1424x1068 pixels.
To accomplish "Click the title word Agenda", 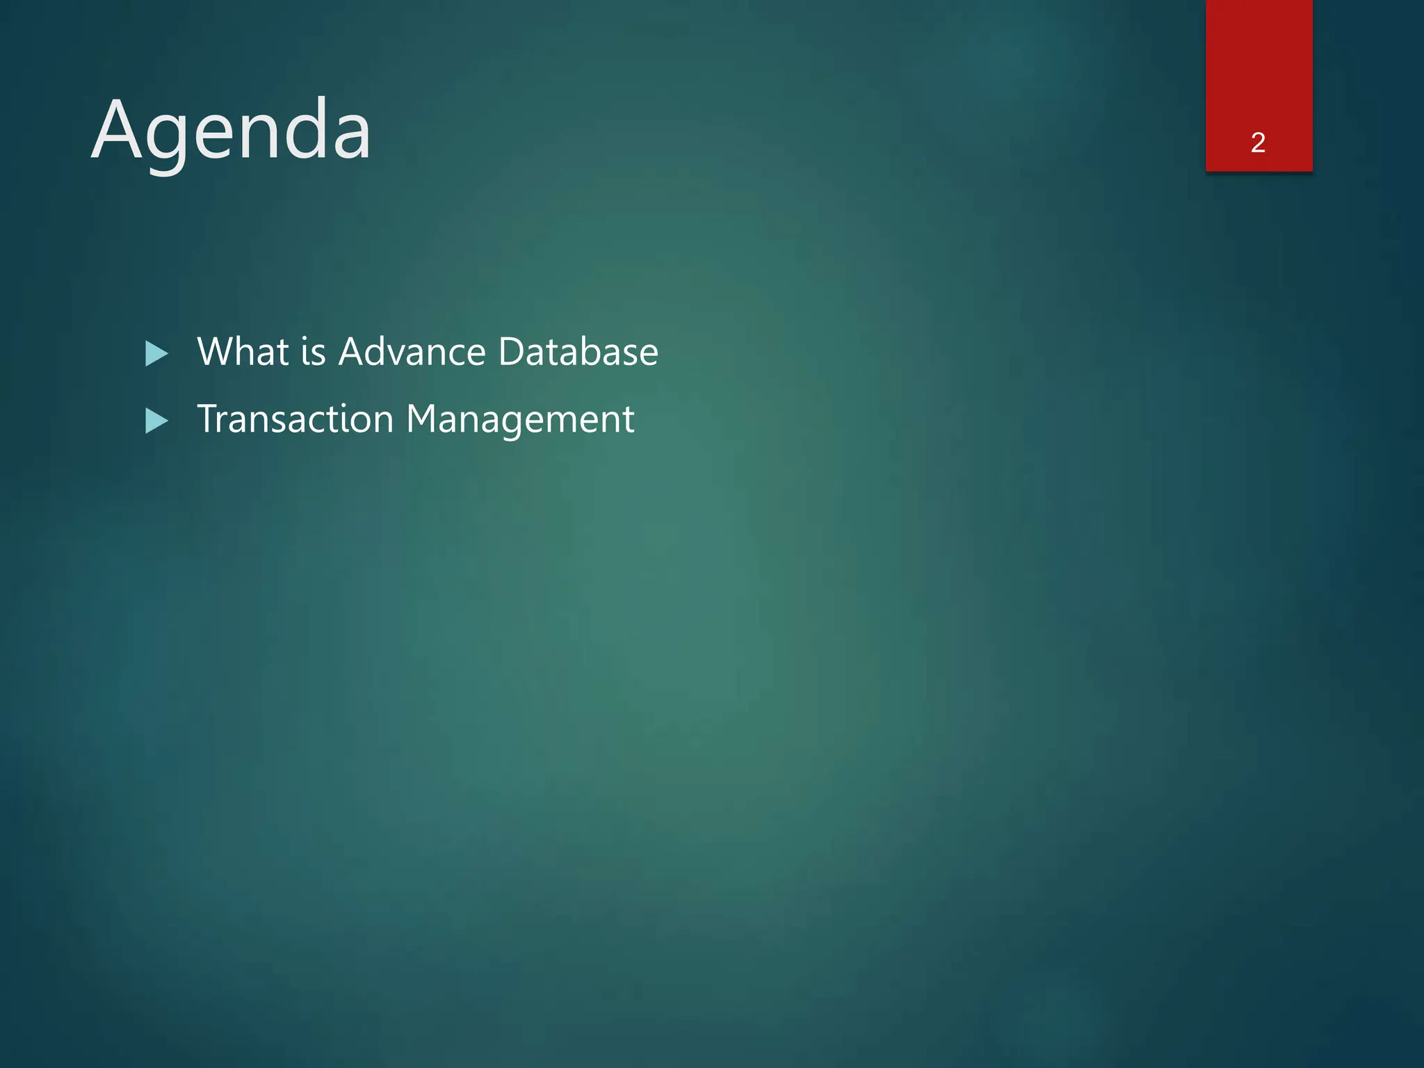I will (x=231, y=131).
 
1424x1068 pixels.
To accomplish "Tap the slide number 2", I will (x=1258, y=143).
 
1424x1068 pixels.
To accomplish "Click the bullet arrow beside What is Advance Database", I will (x=156, y=354).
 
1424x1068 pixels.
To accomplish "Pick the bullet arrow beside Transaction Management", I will (x=156, y=421).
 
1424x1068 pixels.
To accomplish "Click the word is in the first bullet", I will (x=314, y=351).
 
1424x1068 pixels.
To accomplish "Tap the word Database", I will (x=578, y=351).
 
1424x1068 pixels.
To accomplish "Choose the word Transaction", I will (x=296, y=419).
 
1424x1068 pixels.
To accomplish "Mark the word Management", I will (x=520, y=420).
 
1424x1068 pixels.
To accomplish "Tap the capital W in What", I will (x=216, y=351).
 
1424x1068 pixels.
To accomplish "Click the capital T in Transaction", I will (x=208, y=419).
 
